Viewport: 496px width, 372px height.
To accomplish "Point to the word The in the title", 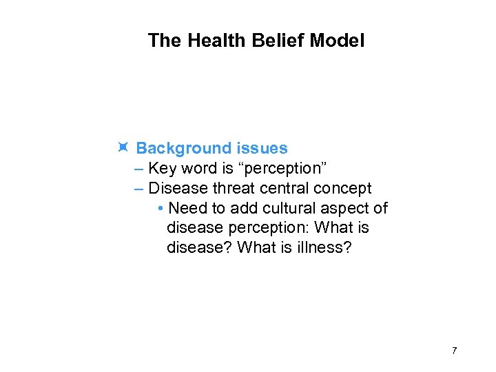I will [164, 41].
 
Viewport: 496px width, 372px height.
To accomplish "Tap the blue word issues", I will [262, 148].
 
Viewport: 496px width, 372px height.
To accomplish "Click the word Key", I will [163, 168].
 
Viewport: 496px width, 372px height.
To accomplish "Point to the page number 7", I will [454, 351].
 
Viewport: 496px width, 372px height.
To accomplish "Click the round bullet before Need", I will [160, 209].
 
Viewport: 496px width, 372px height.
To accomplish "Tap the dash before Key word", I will [141, 168].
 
